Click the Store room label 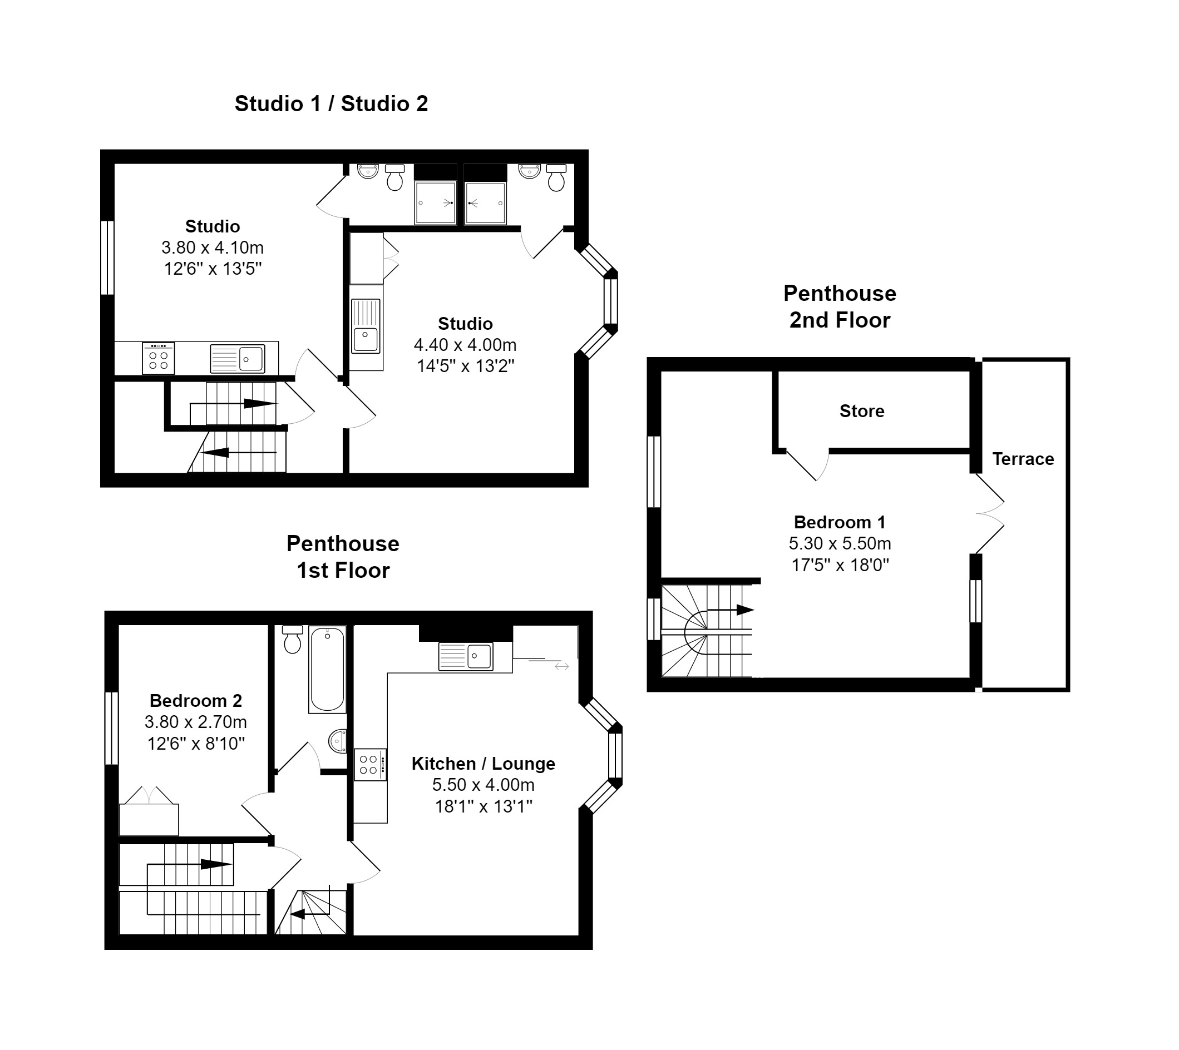(862, 411)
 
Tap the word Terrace (1023, 459)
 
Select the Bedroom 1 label (840, 522)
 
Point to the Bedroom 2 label (196, 700)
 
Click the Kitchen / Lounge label (483, 763)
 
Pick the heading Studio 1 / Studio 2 (331, 103)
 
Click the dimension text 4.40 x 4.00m (465, 345)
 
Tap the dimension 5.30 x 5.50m (840, 543)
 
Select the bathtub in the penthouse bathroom (327, 669)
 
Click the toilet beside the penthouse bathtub (293, 640)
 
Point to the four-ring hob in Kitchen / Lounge (370, 765)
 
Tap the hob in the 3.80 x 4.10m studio (158, 359)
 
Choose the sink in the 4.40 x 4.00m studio (366, 326)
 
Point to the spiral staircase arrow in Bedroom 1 (730, 610)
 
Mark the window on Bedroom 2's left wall (111, 728)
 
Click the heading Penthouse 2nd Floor (840, 307)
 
